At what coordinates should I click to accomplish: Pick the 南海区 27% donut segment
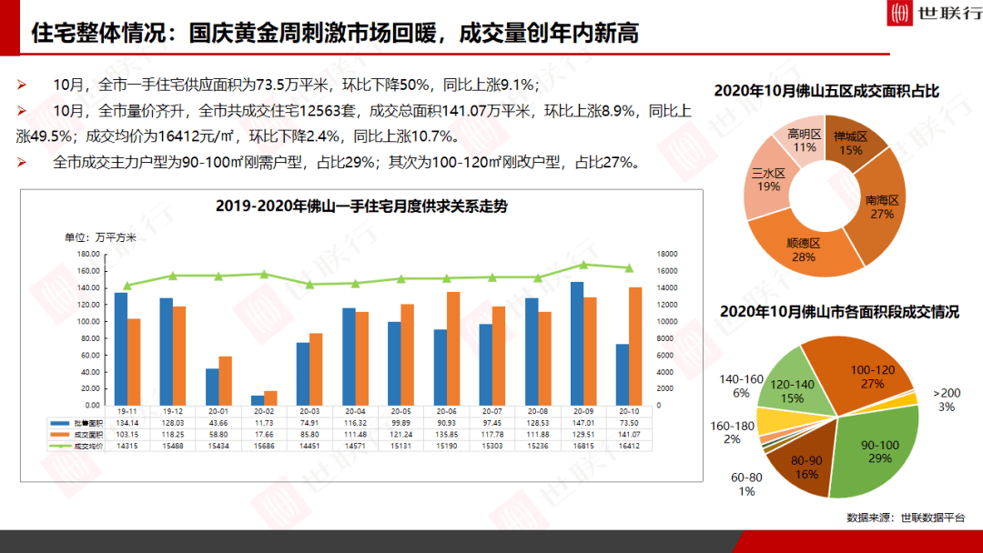pyautogui.click(x=879, y=205)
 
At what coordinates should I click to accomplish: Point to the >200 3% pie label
pyautogui.click(x=947, y=399)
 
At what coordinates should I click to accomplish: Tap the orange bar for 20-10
pyautogui.click(x=635, y=346)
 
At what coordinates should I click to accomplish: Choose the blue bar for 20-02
pyautogui.click(x=258, y=399)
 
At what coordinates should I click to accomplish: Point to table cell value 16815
pyautogui.click(x=583, y=447)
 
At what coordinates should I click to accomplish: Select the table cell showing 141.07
pyautogui.click(x=628, y=435)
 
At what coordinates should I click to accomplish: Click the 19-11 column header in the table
pyautogui.click(x=127, y=411)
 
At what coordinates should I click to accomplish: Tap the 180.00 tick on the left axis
pyautogui.click(x=87, y=254)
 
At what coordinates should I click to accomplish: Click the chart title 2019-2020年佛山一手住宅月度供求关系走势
pyautogui.click(x=361, y=206)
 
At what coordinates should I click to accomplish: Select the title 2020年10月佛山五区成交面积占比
pyautogui.click(x=826, y=91)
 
